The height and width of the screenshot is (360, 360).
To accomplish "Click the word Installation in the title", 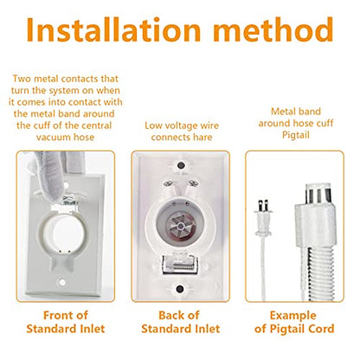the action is click(113, 29).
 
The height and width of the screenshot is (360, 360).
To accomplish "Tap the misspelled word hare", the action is click(202, 137).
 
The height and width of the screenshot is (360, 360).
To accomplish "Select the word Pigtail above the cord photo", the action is click(296, 135).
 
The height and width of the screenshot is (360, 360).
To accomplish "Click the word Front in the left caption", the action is click(56, 315).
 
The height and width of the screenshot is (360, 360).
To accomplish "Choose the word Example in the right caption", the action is click(292, 316).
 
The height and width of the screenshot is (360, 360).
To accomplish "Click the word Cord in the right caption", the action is click(322, 329).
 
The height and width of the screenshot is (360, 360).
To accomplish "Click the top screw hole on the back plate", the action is click(181, 166).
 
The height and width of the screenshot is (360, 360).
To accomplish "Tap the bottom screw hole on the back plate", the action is click(180, 289).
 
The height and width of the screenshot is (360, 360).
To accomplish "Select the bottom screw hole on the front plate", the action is click(61, 282).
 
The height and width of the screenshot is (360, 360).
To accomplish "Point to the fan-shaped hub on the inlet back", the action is click(181, 225).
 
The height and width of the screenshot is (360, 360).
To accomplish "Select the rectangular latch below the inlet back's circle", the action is click(179, 264).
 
